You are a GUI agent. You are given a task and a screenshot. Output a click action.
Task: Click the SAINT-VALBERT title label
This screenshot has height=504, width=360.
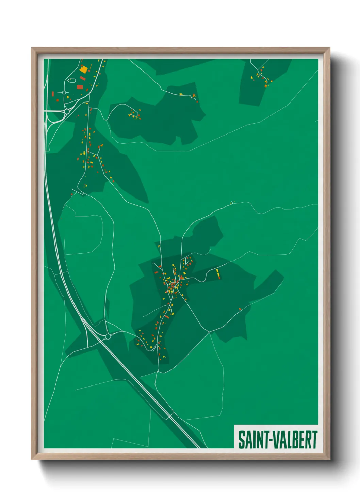277,439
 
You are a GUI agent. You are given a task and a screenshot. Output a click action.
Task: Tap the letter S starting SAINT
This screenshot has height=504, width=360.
242,440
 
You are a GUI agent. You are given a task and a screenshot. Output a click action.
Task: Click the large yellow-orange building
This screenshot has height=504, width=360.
83,69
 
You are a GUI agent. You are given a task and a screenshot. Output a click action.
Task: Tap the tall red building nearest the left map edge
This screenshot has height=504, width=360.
53,94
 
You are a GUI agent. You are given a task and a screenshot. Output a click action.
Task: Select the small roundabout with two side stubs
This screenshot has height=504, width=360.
64,92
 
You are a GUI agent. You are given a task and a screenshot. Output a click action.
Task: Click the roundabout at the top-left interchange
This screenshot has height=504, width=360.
67,111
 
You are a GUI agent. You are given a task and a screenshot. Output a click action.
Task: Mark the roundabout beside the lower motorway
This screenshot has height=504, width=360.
108,336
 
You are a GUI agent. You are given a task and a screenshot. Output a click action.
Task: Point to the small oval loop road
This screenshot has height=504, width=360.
71,80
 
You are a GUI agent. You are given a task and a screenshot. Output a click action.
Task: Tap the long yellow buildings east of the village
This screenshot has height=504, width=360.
218,272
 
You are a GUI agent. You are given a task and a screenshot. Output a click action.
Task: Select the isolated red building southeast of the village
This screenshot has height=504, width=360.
240,309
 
